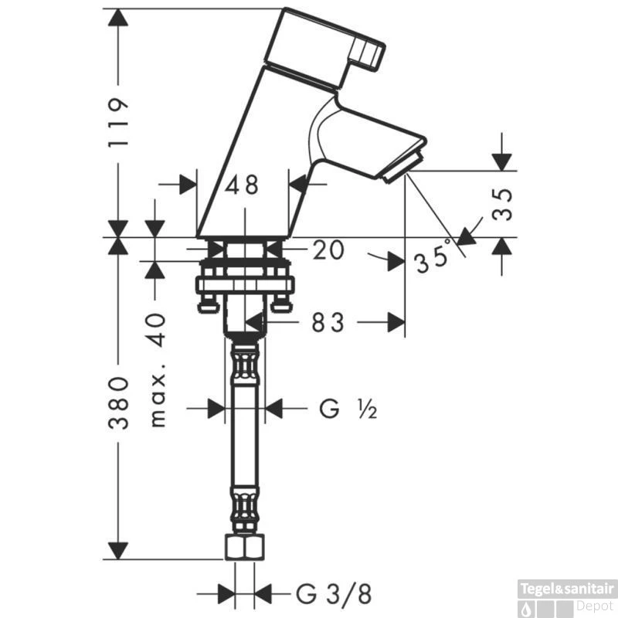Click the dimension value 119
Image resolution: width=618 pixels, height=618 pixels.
click(x=117, y=124)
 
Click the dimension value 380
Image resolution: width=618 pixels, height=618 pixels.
click(x=118, y=402)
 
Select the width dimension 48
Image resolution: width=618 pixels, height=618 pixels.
click(x=242, y=185)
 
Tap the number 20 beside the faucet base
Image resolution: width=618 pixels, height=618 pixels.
click(x=328, y=250)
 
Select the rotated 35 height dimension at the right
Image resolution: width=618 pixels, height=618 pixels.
click(x=503, y=204)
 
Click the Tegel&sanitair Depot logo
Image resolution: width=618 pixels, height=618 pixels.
click(x=569, y=596)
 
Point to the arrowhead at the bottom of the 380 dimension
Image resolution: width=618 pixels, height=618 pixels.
click(x=117, y=549)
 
